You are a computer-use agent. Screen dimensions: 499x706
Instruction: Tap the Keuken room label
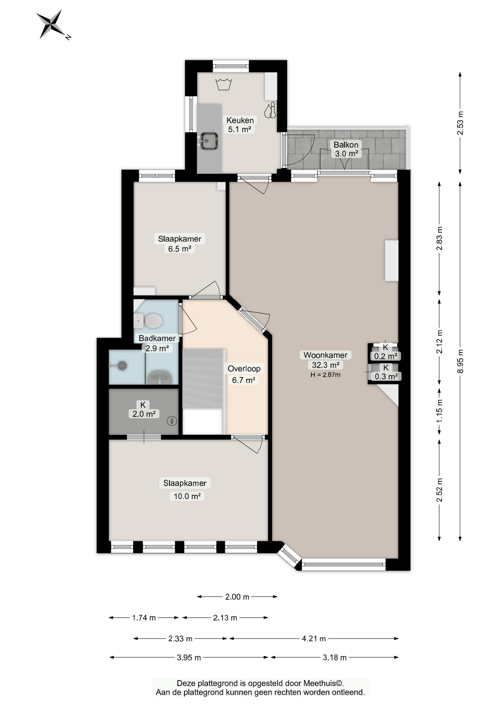coord(240,120)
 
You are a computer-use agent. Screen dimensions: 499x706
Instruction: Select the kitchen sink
coord(209,140)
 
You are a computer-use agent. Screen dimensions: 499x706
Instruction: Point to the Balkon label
coord(346,145)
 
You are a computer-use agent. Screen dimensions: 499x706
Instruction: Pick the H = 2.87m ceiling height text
coord(325,375)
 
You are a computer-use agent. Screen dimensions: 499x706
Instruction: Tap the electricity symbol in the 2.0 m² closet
coord(172,421)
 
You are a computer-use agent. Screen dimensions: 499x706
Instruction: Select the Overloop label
coord(244,368)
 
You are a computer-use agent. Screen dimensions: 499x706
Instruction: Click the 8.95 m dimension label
coord(460,361)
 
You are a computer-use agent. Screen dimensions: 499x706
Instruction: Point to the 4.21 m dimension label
coord(314,639)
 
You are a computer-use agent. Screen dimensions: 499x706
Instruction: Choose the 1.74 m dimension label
coord(144,618)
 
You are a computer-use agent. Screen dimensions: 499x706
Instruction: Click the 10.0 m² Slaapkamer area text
coord(187,496)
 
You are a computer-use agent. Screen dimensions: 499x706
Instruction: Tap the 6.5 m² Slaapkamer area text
coord(180,249)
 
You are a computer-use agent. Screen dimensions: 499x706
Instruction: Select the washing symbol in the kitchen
coord(223,84)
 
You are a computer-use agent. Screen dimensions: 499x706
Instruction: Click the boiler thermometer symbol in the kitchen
coord(270,110)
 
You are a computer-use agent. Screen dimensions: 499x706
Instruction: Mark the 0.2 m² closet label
coord(385,356)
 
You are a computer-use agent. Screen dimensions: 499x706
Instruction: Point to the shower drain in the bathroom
coord(122,366)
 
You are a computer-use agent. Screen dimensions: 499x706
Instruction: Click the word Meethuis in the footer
coord(319,683)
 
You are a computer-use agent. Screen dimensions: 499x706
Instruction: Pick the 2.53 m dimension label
coord(460,123)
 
